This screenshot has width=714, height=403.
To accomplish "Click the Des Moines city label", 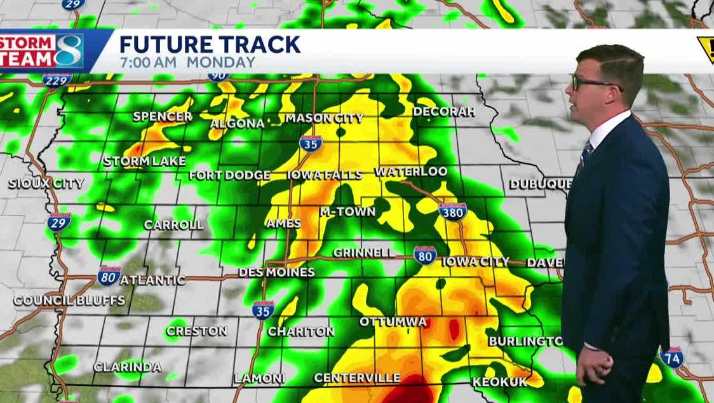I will click(x=276, y=272).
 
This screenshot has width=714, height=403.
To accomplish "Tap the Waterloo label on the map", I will click(x=411, y=172).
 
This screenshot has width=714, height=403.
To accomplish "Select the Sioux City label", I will click(x=46, y=184).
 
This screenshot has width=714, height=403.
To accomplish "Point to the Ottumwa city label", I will click(x=393, y=322).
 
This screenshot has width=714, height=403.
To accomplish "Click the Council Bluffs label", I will click(x=60, y=301).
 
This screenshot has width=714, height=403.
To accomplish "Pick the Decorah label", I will click(x=444, y=112).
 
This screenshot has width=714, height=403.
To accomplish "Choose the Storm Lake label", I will click(x=144, y=161).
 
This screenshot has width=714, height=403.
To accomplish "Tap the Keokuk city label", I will click(x=500, y=381).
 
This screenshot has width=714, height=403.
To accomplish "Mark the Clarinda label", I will click(x=127, y=367).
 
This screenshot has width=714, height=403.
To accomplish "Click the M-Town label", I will click(x=347, y=212).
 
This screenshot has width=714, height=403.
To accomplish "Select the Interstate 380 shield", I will click(x=452, y=212).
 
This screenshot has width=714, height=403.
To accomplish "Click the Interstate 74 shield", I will click(x=671, y=357).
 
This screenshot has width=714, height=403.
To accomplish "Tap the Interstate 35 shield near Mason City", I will click(x=311, y=142).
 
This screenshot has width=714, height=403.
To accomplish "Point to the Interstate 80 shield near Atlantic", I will click(x=109, y=277).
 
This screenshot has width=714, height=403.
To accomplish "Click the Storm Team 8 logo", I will click(x=43, y=51).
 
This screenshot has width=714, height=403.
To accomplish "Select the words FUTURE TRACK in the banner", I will click(x=210, y=44).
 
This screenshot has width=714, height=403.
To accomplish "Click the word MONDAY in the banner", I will click(x=220, y=62).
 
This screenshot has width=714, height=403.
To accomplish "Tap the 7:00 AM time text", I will click(x=149, y=62).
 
